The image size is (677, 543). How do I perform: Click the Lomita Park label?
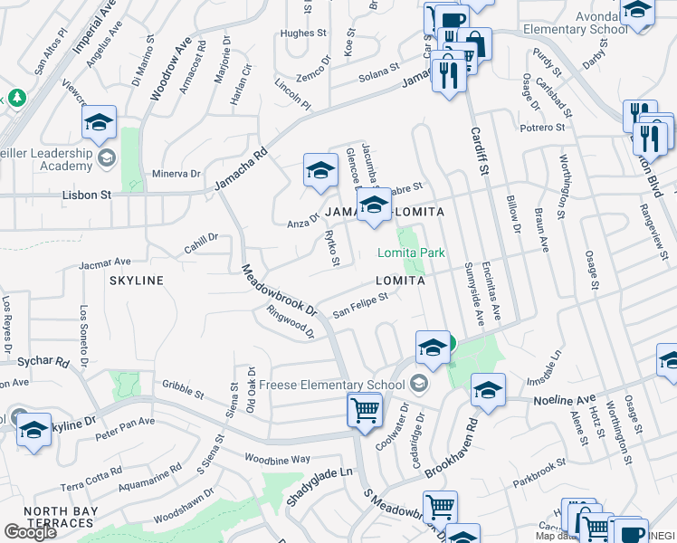point(412,252)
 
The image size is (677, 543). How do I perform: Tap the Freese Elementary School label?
point(331,385)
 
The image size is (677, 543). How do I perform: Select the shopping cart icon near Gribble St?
point(365,409)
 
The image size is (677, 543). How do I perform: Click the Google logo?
point(30,532)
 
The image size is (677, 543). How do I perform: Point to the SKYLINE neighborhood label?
point(137,281)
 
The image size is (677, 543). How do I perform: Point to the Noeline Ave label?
point(564,399)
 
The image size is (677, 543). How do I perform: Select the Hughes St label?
point(303,33)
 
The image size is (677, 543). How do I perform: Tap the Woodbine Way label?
point(277,460)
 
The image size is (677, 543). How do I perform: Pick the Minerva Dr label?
point(175,174)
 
